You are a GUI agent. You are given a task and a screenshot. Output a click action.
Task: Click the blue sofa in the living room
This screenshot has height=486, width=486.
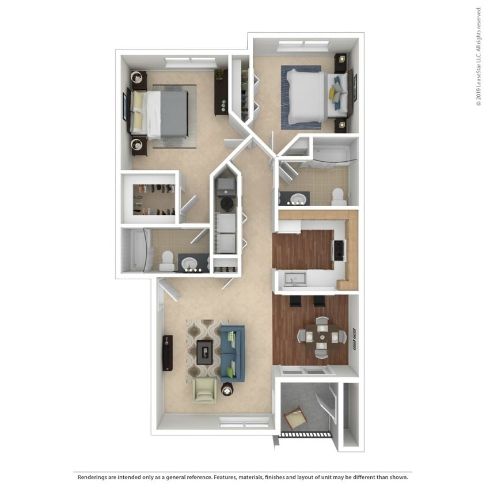(x=233, y=352)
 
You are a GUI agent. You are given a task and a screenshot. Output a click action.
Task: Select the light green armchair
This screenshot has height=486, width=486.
(x=204, y=390)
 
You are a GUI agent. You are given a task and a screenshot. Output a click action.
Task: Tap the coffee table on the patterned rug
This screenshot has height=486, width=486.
(x=204, y=352)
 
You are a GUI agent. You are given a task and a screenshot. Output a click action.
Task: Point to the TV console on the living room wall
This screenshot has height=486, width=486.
(x=168, y=352)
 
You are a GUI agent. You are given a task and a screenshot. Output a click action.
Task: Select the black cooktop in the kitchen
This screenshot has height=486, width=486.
(x=339, y=249)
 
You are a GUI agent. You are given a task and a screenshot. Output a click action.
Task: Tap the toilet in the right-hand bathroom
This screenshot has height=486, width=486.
(x=339, y=197)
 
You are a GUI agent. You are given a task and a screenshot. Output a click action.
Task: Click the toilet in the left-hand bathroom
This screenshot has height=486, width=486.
(x=167, y=261)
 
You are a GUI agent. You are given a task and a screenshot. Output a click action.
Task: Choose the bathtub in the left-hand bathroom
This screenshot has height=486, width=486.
(x=136, y=250)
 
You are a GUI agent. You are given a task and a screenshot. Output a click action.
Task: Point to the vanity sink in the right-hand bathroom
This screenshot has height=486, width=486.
(x=298, y=199)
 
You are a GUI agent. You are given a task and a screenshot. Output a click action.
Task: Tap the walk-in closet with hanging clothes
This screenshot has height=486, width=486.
(x=154, y=199)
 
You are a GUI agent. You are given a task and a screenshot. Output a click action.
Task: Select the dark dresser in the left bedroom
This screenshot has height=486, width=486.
(x=221, y=92)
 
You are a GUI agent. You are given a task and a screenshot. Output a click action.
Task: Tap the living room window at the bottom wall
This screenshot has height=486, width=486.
(x=244, y=422)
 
